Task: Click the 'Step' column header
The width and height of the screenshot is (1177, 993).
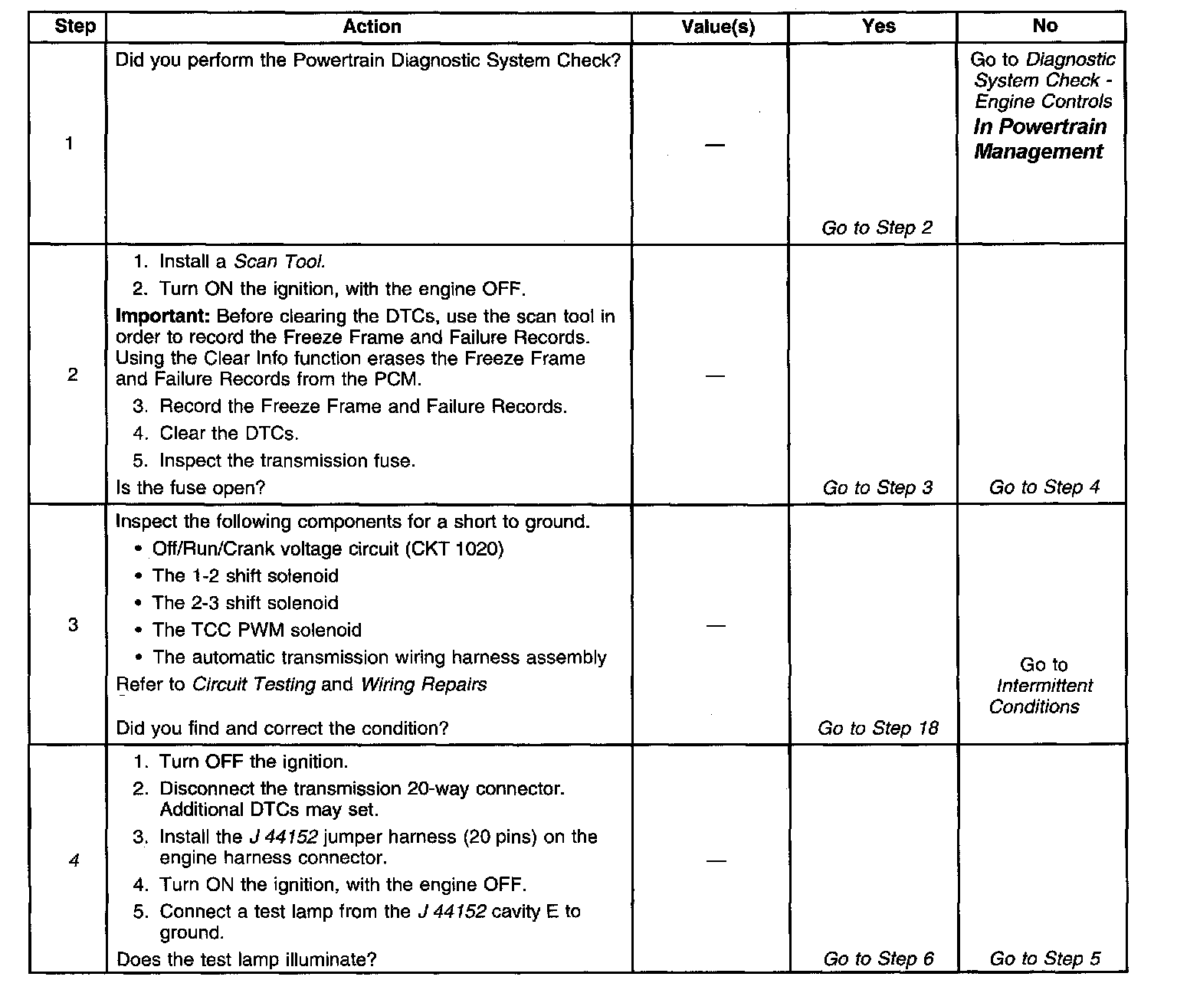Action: (x=75, y=27)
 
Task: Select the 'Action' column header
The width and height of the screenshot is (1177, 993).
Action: (x=372, y=27)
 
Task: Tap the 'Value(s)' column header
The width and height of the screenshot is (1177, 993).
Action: (x=718, y=28)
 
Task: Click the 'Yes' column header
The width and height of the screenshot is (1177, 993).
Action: (x=878, y=27)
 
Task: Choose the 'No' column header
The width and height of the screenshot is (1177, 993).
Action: (x=1044, y=26)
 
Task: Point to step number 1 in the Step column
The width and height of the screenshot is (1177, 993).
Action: (x=70, y=143)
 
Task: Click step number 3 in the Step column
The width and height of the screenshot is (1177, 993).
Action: (x=73, y=624)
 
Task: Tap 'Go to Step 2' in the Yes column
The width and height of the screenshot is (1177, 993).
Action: (x=877, y=228)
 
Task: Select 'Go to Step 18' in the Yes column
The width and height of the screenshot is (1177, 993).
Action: (x=877, y=728)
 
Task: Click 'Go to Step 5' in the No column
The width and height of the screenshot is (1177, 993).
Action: (x=1044, y=959)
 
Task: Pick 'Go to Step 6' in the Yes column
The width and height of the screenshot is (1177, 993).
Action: (x=878, y=959)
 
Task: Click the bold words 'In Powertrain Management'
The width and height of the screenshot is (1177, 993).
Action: (x=1040, y=139)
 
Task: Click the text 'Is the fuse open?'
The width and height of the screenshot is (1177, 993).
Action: (x=190, y=487)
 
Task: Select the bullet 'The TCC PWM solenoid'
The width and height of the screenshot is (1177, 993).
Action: (x=257, y=630)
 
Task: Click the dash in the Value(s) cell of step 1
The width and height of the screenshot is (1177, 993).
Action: (x=714, y=146)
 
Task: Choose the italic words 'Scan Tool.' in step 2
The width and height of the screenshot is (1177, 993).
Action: (x=280, y=262)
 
